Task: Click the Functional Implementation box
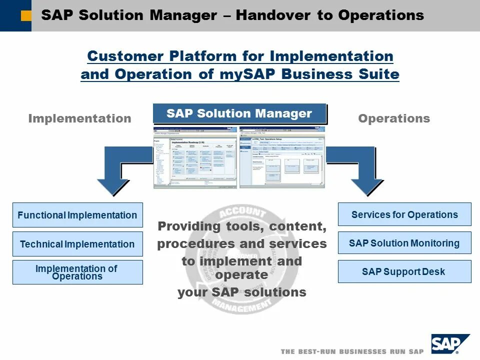pos(77,215)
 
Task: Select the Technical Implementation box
pos(77,244)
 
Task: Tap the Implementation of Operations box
pos(77,272)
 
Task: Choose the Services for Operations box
pos(404,214)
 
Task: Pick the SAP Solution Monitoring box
pos(404,243)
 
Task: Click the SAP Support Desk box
pos(404,272)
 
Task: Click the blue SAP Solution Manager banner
pos(239,113)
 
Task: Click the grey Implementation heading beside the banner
pos(79,118)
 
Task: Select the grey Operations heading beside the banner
pos(394,118)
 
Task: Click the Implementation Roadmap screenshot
pos(195,157)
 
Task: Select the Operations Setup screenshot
pos(282,157)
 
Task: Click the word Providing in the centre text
pos(189,226)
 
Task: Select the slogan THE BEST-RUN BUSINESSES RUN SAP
pos(352,351)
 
